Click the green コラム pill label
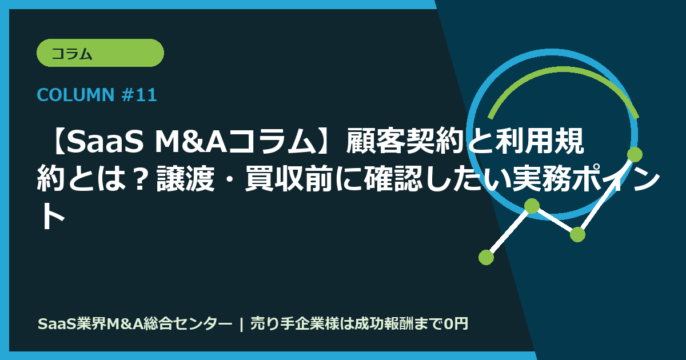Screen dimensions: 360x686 pos(100,53)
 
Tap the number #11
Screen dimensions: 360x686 pos(139,95)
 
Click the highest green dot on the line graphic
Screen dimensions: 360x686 pos(635,154)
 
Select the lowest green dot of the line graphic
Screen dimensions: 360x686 pos(486,257)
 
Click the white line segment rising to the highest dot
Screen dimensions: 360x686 pos(606,194)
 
